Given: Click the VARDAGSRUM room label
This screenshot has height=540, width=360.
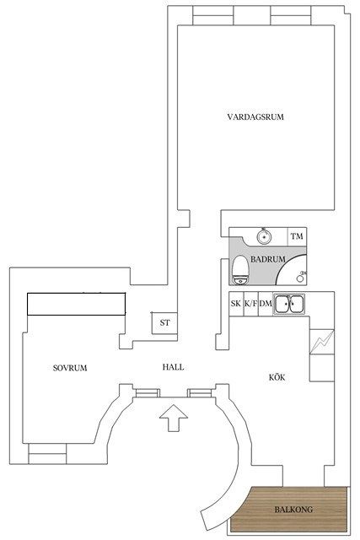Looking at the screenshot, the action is click(255, 116).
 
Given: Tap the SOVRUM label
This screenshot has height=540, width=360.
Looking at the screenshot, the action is click(70, 368).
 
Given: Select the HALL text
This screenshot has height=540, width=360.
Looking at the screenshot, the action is click(173, 367).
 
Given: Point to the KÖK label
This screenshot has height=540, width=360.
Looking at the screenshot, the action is click(277, 377).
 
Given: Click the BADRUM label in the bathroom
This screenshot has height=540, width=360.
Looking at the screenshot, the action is click(268, 259).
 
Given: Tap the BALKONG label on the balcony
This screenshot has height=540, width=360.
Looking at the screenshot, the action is click(293, 510).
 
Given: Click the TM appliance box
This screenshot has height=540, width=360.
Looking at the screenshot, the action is click(297, 236).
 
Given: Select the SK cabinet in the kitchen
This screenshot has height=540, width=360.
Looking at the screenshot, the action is click(236, 304).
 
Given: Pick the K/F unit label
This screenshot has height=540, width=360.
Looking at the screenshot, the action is click(251, 304).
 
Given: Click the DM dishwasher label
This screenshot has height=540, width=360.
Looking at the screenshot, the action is click(266, 304).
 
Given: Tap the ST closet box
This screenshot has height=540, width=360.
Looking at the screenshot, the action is click(164, 322).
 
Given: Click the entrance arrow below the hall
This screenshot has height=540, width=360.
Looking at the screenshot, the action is click(174, 418).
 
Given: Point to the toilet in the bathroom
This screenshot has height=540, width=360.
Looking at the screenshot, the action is click(240, 270).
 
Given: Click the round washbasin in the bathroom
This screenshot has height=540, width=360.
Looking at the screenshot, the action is click(265, 236).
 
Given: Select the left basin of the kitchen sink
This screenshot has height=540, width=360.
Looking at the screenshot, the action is click(283, 304).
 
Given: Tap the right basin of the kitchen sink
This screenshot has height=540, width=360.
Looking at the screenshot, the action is click(296, 304).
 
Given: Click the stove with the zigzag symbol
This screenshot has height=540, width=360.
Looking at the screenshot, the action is click(322, 342).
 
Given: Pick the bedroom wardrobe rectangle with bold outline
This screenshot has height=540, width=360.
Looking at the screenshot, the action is click(77, 304).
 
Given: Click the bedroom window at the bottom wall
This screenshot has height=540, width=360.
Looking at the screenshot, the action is click(47, 454).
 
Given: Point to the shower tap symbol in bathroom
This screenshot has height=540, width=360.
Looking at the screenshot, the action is click(301, 277).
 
